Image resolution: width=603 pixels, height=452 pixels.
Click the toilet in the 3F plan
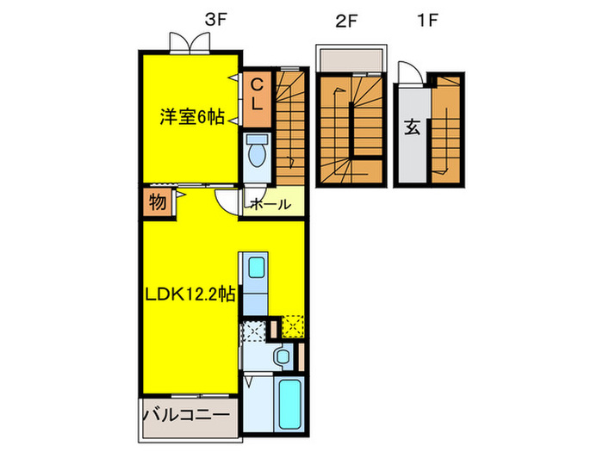pos(258,152)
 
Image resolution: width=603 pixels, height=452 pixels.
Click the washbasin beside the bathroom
pos(282,356)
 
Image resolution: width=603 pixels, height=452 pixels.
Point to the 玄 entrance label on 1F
pos(412,129)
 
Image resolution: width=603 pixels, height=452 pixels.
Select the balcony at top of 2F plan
pos(349,60)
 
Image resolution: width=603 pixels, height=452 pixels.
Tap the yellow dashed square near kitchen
pos(293,327)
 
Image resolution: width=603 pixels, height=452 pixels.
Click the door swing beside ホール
pos(228,201)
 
